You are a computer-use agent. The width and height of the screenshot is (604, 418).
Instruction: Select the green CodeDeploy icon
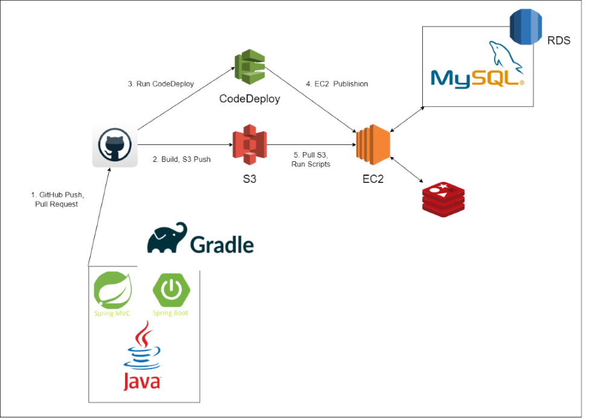250,68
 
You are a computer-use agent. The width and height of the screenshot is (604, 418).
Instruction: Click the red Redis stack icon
444,199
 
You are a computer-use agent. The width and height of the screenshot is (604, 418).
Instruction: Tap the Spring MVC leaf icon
112,291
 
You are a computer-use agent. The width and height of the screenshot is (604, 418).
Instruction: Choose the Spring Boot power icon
172,291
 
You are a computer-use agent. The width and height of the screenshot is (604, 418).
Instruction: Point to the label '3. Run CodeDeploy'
161,84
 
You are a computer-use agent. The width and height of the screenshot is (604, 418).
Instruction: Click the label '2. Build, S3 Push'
182,160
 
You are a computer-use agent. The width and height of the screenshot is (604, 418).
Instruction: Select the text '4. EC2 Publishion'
336,84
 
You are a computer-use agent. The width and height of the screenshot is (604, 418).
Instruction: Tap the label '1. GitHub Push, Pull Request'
58,199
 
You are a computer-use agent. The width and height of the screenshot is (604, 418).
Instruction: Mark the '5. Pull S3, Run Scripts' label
311,160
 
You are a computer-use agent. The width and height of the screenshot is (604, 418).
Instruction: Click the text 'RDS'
559,41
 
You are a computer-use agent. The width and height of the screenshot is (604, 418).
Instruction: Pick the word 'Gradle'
222,245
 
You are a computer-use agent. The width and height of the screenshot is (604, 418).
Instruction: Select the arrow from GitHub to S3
185,146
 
